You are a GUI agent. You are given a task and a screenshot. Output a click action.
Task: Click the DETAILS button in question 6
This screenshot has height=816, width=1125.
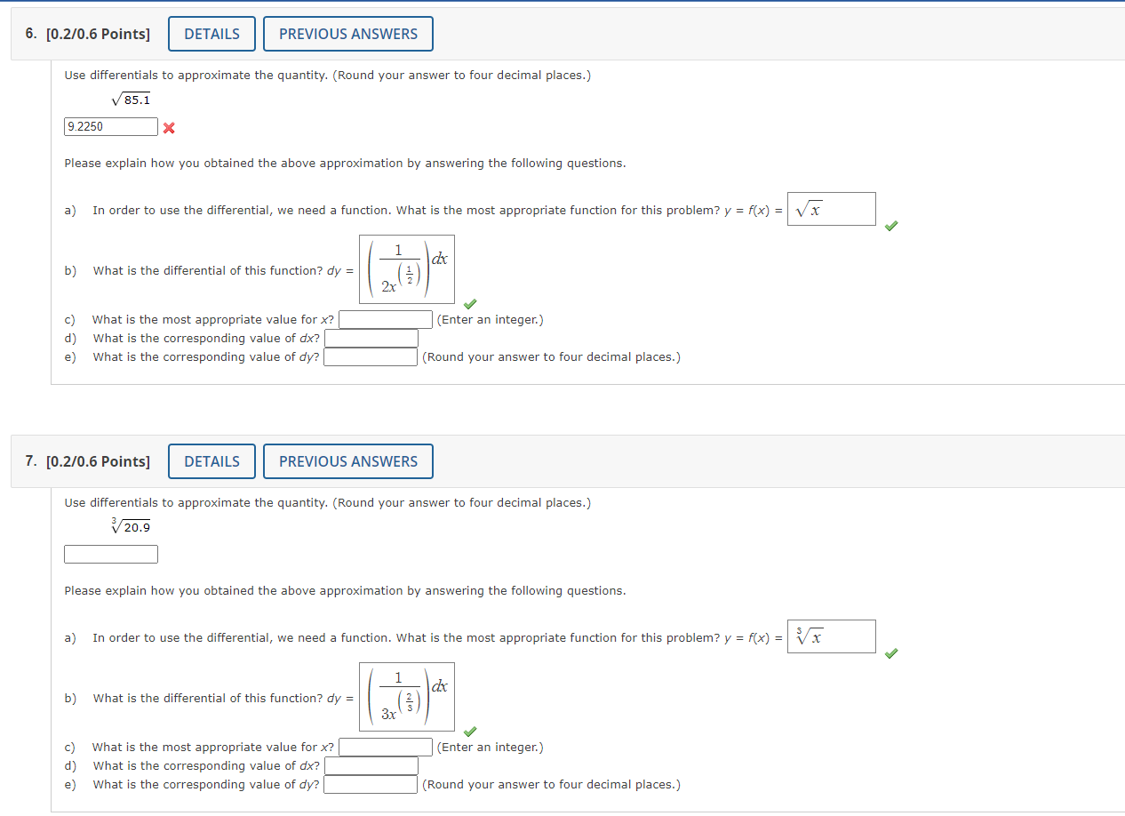click(x=211, y=34)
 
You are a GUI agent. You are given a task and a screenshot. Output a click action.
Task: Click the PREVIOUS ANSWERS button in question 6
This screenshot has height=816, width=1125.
click(x=347, y=34)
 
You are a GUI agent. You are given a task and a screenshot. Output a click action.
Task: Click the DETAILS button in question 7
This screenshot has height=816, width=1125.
click(x=211, y=461)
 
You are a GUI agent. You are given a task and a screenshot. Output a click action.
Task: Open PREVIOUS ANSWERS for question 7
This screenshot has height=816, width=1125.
click(x=347, y=461)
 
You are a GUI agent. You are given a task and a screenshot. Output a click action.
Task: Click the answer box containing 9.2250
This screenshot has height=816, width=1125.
click(x=111, y=127)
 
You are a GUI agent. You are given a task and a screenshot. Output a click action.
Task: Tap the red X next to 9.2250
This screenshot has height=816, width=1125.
click(x=169, y=128)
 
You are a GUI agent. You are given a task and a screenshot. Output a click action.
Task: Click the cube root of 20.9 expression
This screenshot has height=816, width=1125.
click(x=131, y=527)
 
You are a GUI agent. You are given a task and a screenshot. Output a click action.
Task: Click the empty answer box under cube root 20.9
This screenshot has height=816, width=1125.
click(x=111, y=555)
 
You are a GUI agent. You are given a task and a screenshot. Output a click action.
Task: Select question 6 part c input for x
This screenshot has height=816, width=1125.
click(x=386, y=320)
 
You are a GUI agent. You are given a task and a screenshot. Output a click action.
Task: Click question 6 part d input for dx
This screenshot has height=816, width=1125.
click(x=371, y=339)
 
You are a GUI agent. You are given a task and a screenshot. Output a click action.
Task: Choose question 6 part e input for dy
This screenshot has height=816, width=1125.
click(x=371, y=357)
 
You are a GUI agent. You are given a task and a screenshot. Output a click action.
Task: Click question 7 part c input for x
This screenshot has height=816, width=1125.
click(x=386, y=748)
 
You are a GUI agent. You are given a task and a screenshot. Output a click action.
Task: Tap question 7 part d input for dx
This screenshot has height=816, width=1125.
click(x=371, y=766)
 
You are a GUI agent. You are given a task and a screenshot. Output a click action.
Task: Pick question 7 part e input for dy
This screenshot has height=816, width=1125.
click(x=371, y=785)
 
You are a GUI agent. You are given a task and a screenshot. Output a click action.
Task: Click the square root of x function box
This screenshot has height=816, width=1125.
click(x=831, y=210)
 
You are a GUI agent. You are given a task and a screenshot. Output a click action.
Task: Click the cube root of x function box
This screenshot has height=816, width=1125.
click(x=831, y=637)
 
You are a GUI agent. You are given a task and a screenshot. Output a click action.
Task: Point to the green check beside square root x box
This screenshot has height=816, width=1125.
click(x=891, y=227)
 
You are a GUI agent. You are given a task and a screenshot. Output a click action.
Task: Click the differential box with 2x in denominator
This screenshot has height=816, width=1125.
click(x=407, y=269)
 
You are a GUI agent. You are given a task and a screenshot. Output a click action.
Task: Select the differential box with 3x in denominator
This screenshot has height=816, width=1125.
click(x=407, y=697)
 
